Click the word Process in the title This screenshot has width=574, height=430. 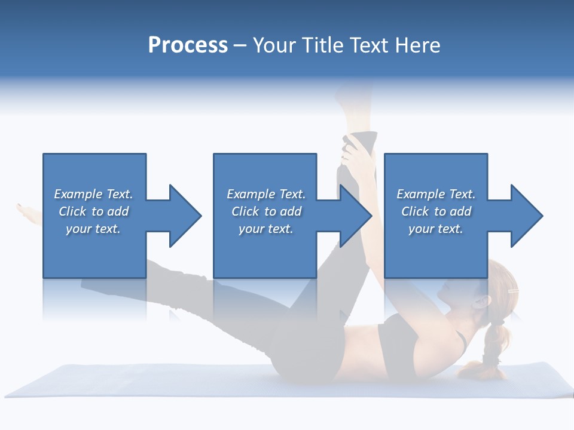pos(188,45)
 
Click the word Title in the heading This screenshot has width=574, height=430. pos(322,45)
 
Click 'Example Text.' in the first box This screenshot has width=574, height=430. pos(93,194)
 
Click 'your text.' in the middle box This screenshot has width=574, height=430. pos(265,229)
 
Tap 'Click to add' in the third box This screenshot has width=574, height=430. pos(436,211)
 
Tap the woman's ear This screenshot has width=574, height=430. pos(478,302)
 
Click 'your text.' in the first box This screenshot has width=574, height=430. pos(93,229)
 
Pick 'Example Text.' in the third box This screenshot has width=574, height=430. pos(436,194)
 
